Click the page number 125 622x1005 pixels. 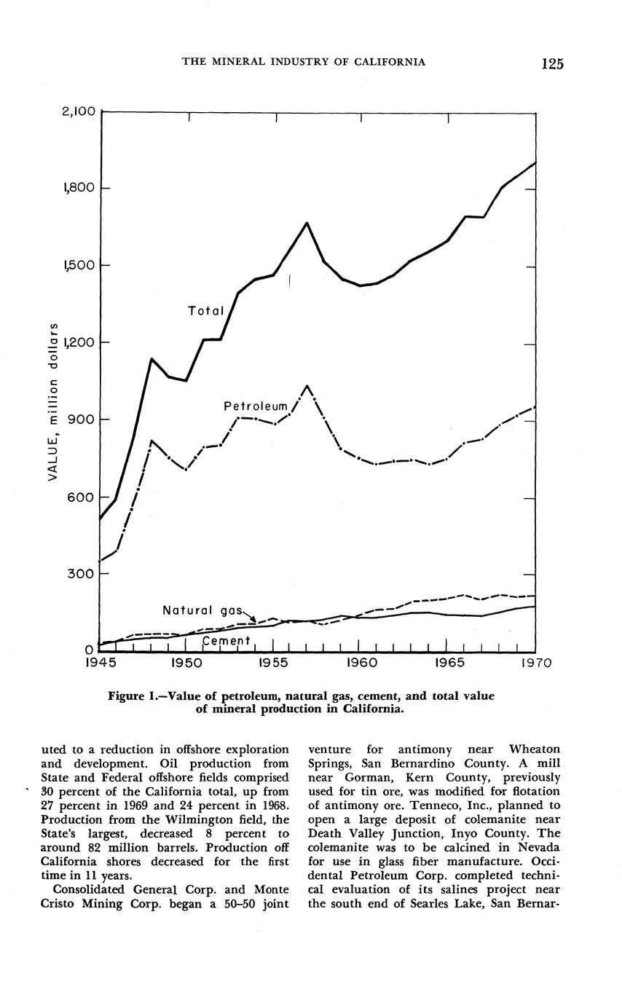553,63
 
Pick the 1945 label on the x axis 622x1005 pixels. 100,663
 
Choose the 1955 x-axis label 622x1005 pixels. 274,663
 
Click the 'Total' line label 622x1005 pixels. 205,311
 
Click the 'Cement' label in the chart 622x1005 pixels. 226,640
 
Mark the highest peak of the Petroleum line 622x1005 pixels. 307,386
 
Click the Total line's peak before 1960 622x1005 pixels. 307,223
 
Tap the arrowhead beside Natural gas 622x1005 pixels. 252,620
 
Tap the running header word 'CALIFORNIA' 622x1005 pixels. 390,62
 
